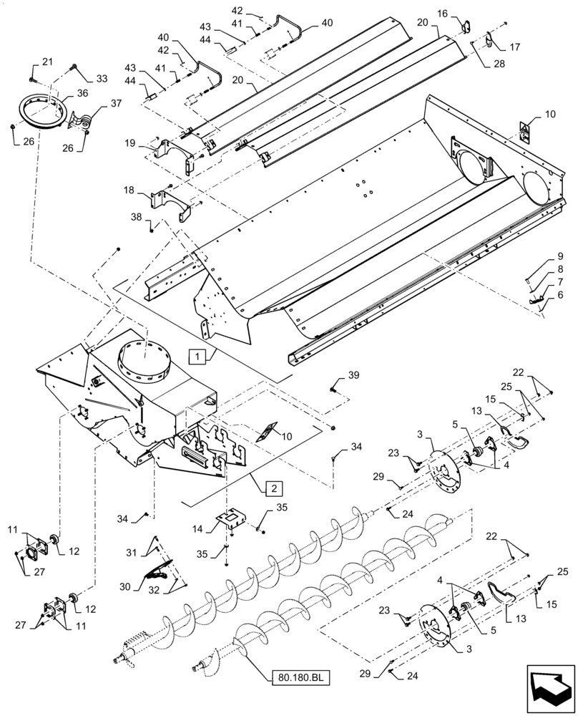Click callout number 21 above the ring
[x=47, y=63]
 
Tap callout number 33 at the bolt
[x=100, y=78]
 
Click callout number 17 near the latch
[x=514, y=47]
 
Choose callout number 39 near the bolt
[x=353, y=376]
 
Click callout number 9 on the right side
[x=561, y=256]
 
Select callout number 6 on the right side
[x=561, y=294]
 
